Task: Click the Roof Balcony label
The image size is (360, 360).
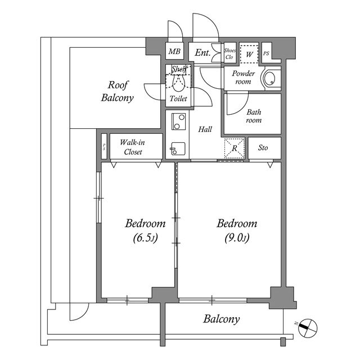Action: coord(118,92)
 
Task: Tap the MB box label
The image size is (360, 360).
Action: coord(174,52)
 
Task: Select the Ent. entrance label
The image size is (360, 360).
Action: coord(202,53)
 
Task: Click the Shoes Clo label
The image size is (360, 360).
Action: coord(229,53)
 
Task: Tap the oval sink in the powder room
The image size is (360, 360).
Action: coord(271,79)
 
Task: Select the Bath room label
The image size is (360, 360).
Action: coord(254,116)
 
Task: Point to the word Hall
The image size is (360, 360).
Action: coord(205,130)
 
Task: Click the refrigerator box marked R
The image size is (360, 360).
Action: coord(235,148)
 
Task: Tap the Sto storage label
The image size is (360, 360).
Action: coord(263,148)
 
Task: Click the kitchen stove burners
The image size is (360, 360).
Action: coord(179,120)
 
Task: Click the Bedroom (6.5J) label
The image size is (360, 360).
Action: coord(145,230)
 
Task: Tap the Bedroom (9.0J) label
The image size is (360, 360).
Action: coord(237,230)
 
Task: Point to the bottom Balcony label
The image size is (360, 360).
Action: coord(222,319)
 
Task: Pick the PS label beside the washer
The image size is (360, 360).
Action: coord(266,53)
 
